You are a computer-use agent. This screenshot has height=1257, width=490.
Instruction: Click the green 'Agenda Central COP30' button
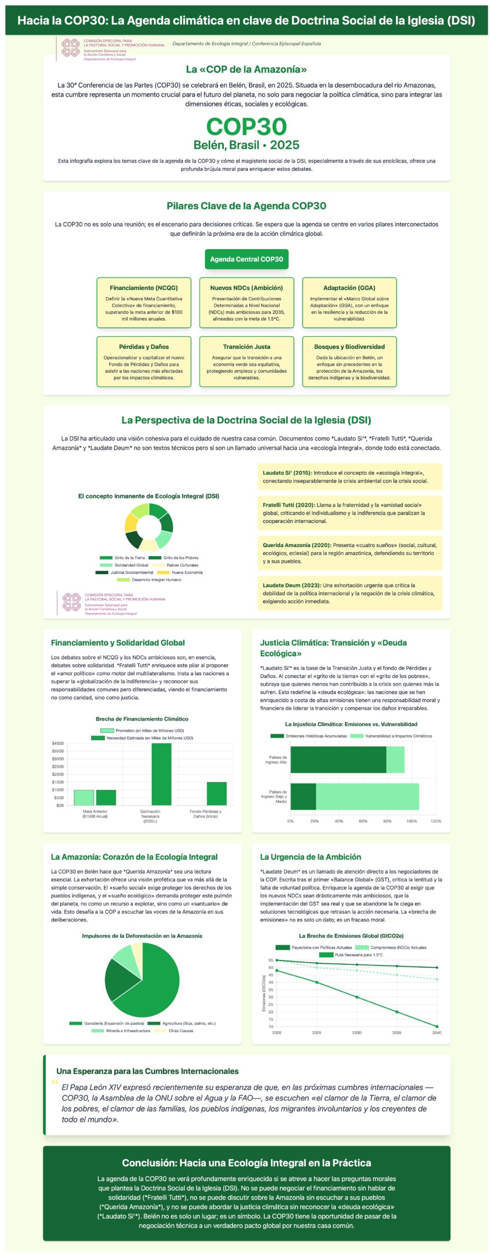(246, 259)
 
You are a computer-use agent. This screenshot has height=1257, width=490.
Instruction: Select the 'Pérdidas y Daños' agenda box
(144, 361)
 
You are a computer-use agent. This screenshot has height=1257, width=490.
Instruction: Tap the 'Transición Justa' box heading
(246, 347)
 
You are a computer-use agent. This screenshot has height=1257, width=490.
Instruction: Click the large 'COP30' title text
(246, 127)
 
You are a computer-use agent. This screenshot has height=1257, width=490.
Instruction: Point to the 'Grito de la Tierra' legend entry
(122, 558)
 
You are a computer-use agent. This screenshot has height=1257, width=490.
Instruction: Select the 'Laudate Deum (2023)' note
(349, 593)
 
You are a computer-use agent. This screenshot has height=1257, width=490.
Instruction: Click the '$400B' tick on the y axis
(58, 743)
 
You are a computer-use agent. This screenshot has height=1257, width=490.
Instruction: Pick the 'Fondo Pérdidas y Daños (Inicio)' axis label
(205, 814)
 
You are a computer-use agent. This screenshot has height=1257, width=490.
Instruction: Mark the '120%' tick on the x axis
(436, 821)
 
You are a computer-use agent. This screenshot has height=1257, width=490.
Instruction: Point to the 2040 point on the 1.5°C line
(436, 1026)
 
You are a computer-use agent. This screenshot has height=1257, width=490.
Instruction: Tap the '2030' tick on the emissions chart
(357, 1033)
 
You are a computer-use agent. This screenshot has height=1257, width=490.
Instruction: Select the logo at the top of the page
(71, 48)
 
